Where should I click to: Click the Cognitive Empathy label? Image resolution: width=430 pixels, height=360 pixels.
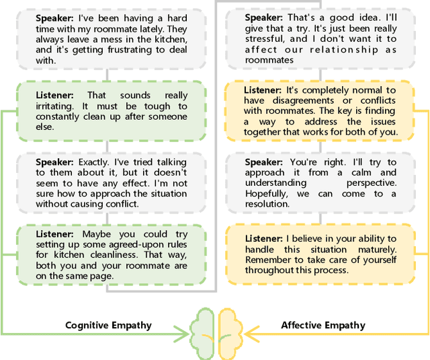(x=108, y=325)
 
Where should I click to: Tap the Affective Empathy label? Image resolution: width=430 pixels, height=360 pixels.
(x=323, y=325)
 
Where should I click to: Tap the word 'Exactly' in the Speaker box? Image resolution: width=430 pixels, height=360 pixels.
(x=95, y=162)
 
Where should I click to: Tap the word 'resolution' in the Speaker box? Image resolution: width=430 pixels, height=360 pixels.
(x=267, y=203)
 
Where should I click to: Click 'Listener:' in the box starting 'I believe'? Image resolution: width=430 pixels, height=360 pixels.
(x=264, y=239)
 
